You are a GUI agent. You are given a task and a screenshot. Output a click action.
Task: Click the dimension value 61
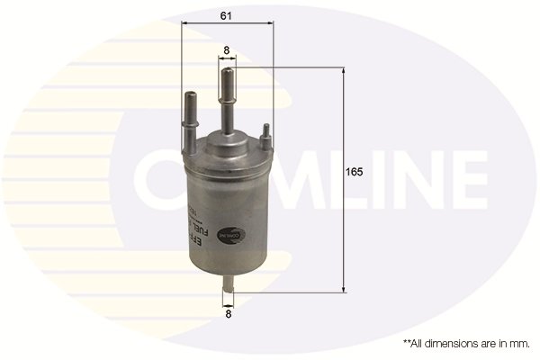pos(227,16)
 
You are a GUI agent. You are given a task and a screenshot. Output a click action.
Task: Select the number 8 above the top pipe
pos(227,50)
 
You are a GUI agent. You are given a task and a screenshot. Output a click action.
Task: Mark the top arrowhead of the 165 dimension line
pos(344,72)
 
